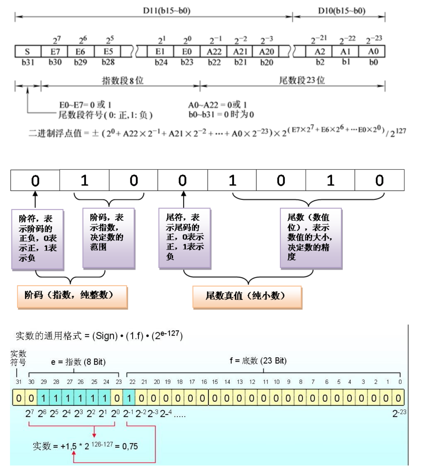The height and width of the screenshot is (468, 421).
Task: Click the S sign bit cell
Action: (x=27, y=52)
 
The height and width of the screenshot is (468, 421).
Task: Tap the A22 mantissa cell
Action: (x=214, y=52)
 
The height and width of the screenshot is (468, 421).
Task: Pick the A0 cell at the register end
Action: (x=373, y=52)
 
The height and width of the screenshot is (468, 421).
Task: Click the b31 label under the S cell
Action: (x=28, y=62)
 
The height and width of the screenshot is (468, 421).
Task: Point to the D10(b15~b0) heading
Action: (x=341, y=11)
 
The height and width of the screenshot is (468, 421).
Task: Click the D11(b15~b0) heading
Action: (x=167, y=11)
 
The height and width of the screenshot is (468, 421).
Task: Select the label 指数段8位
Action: (x=123, y=81)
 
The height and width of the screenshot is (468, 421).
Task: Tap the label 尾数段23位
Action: (x=302, y=80)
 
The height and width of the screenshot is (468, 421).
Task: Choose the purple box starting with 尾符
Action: (x=185, y=238)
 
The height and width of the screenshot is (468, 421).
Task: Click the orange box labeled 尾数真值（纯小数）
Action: (x=247, y=297)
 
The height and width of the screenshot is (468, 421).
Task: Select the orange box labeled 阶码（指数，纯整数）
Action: (x=72, y=296)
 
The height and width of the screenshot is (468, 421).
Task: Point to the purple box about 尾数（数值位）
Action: (x=311, y=238)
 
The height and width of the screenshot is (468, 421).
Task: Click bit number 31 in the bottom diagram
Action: (x=19, y=382)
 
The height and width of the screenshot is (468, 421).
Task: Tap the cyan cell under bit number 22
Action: (x=129, y=398)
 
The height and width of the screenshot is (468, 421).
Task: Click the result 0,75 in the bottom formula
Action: (x=130, y=446)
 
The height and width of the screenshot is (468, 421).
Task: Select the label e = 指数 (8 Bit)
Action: (x=78, y=362)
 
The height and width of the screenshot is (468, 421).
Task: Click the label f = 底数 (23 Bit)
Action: (x=258, y=361)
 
